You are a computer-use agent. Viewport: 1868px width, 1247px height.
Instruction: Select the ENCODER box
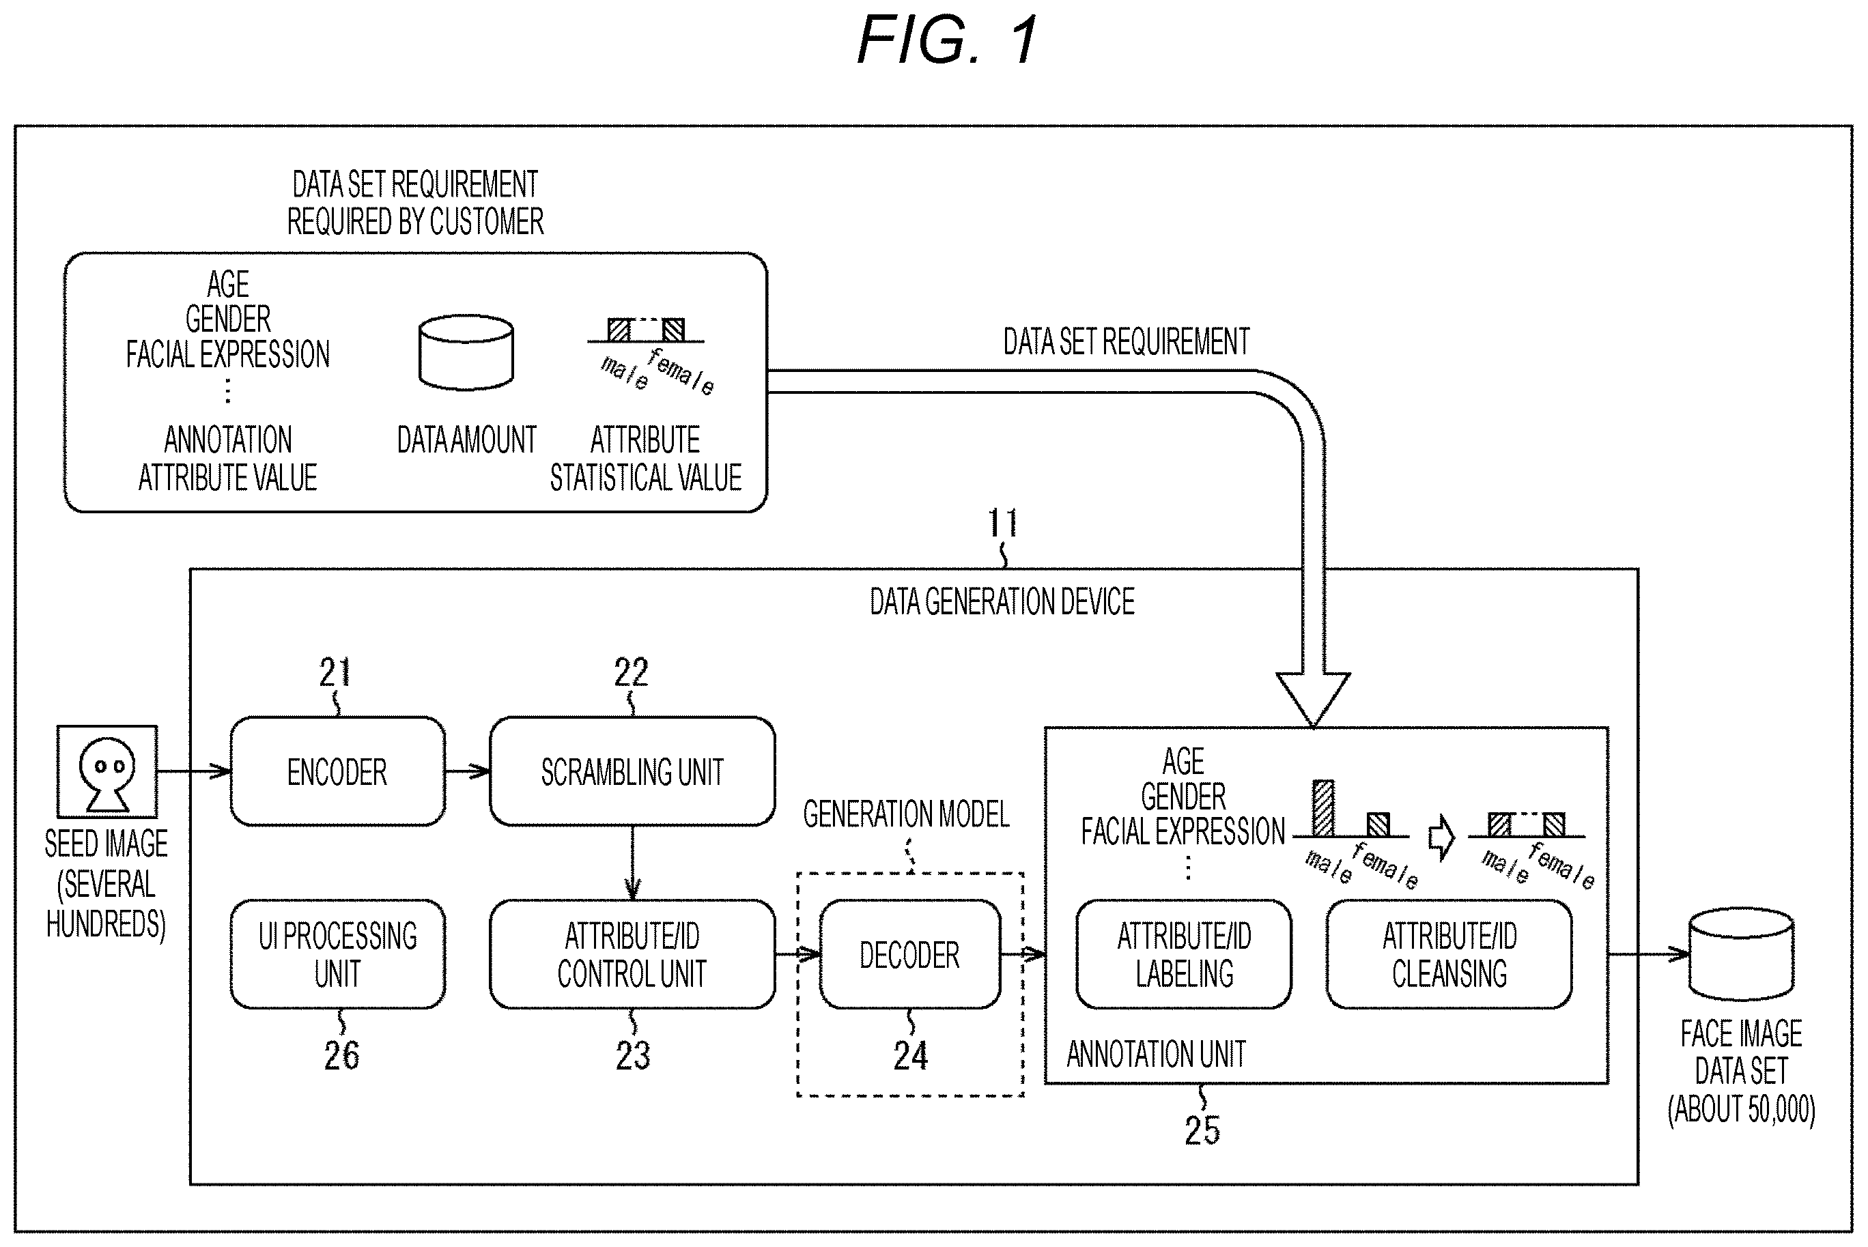point(337,771)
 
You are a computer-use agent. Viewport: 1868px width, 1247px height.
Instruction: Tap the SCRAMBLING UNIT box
point(632,771)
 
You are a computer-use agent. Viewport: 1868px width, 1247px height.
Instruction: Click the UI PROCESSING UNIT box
point(337,954)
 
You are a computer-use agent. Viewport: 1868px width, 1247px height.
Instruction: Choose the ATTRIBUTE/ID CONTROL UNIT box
point(632,954)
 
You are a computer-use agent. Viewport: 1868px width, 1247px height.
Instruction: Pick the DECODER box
point(910,954)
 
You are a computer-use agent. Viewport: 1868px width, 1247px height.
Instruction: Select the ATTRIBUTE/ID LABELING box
point(1184,954)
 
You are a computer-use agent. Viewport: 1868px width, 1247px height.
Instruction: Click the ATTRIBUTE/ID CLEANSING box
point(1449,954)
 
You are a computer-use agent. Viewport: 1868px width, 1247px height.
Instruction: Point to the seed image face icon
point(107,771)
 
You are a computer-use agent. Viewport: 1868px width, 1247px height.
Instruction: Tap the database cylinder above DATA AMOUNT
point(466,352)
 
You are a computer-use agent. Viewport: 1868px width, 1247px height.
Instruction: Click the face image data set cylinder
point(1741,954)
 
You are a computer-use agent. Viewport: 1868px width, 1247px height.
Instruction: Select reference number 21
point(335,673)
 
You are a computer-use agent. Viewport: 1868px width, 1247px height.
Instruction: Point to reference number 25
point(1202,1130)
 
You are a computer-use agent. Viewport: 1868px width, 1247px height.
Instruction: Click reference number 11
point(1002,524)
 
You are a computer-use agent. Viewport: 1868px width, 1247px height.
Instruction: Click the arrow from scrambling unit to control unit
point(632,863)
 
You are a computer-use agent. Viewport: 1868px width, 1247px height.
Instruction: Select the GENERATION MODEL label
point(906,814)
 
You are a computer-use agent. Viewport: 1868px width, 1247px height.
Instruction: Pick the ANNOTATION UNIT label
point(1156,1055)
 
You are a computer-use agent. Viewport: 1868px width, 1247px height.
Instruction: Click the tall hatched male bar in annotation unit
point(1323,808)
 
